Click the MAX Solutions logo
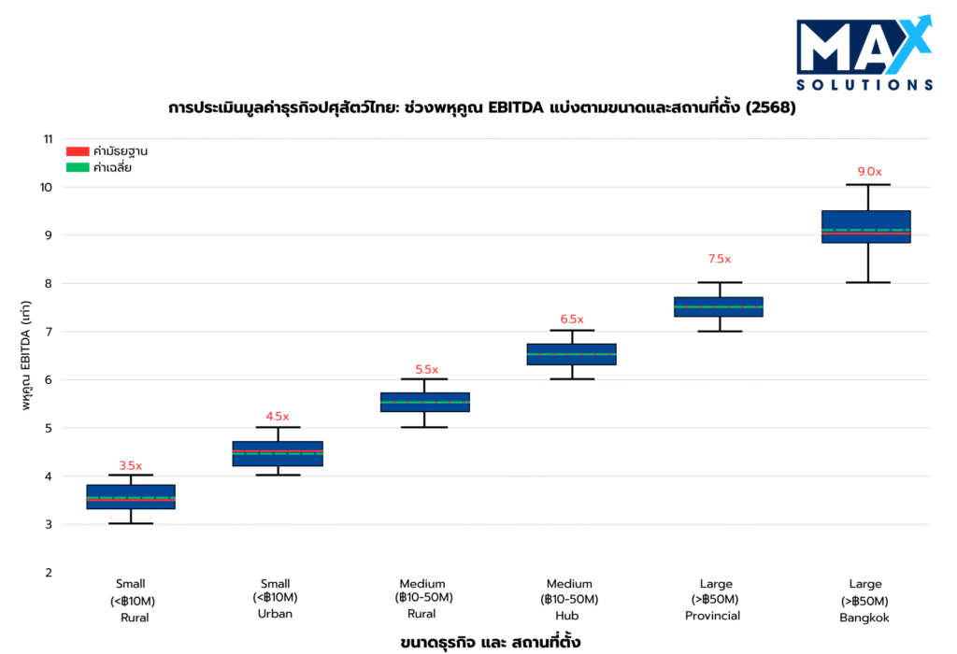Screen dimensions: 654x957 tap(864, 54)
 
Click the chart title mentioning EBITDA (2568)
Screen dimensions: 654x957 tap(482, 107)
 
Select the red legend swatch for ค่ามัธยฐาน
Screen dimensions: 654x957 tap(77, 151)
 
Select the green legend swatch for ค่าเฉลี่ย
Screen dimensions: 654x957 tap(77, 168)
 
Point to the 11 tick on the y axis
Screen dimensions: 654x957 tap(47, 139)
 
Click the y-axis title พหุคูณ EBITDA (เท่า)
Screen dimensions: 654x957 tap(28, 356)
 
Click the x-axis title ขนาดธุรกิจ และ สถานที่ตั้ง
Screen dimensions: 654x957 tap(491, 642)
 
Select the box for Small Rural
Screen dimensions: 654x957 tap(131, 497)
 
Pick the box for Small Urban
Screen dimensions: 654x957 tap(278, 453)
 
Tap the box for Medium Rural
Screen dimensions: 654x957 tap(424, 402)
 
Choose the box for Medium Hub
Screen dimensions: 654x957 tap(572, 354)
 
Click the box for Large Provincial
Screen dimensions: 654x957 tap(719, 306)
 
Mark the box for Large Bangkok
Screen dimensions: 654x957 tap(865, 227)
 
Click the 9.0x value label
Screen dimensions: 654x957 tap(869, 172)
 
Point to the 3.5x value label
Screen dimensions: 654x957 tap(131, 466)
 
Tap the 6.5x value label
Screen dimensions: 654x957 tap(571, 320)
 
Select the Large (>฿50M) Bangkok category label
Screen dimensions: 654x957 tap(865, 601)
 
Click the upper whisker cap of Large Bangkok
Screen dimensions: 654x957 tap(865, 185)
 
